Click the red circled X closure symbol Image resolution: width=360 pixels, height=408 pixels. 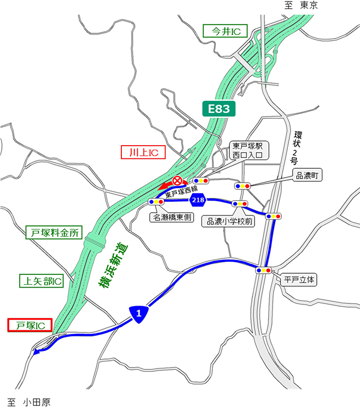pyautogui.click(x=177, y=181)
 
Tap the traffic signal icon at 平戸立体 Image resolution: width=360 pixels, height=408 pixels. pyautogui.click(x=263, y=270)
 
